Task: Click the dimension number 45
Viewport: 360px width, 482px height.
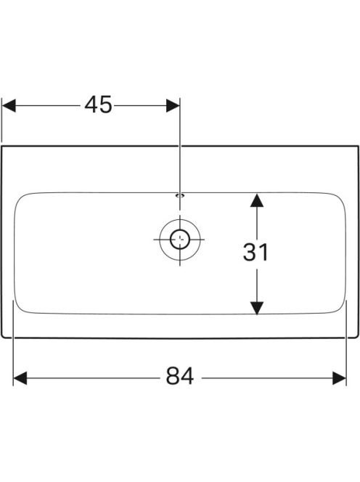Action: [99, 105]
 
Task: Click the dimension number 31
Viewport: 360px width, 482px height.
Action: [255, 252]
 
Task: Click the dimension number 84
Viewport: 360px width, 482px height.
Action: [180, 376]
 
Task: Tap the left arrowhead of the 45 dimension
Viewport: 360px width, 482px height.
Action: [9, 105]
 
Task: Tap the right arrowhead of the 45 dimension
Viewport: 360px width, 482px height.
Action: [173, 105]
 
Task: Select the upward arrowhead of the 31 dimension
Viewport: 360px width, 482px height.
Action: [257, 200]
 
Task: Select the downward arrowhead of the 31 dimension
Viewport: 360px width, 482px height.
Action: [257, 309]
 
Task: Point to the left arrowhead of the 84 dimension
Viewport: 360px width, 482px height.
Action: [20, 378]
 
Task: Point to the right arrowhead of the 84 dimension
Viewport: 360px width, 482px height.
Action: [340, 378]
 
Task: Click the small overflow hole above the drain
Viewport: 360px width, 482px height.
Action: [179, 195]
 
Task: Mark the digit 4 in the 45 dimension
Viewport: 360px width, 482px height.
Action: [91, 105]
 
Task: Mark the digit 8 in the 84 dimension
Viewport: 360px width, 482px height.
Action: [173, 376]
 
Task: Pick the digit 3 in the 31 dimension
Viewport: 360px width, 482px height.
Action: [250, 252]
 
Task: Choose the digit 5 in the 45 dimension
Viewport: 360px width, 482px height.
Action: [106, 105]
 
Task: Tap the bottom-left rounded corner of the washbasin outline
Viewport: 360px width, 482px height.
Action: [3, 336]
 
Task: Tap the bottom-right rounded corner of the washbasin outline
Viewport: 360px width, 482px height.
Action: [357, 336]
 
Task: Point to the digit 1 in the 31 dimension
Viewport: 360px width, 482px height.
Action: [263, 252]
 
